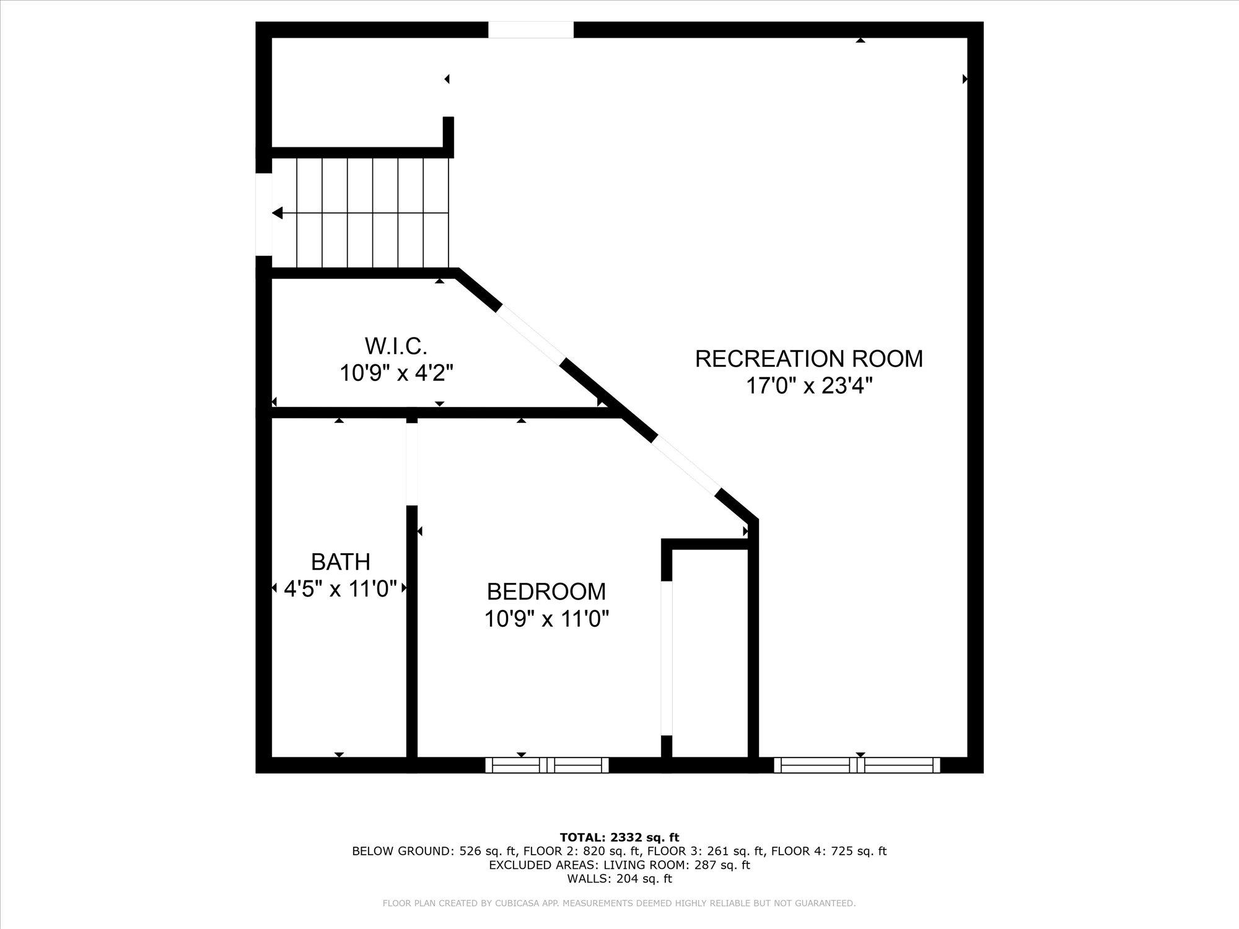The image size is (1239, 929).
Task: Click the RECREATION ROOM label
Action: click(x=808, y=359)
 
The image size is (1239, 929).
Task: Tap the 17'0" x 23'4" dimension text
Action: click(x=808, y=386)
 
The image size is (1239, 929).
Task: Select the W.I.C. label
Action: click(x=396, y=345)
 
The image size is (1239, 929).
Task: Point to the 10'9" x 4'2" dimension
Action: click(x=396, y=373)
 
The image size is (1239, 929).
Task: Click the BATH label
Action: click(x=340, y=562)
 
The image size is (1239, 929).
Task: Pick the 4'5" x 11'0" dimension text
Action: click(x=340, y=588)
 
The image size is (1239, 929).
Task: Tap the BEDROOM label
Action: click(x=546, y=591)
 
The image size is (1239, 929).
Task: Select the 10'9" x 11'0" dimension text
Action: click(x=546, y=619)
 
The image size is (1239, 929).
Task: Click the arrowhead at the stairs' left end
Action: click(x=278, y=213)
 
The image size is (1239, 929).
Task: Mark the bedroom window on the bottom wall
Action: click(x=546, y=765)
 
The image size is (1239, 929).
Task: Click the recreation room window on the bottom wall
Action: click(x=857, y=765)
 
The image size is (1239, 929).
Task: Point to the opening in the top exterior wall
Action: click(x=531, y=30)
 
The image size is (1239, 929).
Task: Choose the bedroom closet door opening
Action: click(x=667, y=658)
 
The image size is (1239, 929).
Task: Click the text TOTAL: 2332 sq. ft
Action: click(x=619, y=837)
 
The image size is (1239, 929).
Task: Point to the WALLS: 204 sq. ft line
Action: click(x=619, y=878)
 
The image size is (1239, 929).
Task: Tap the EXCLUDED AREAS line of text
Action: click(x=619, y=865)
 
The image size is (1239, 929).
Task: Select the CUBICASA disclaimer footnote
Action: click(x=619, y=904)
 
